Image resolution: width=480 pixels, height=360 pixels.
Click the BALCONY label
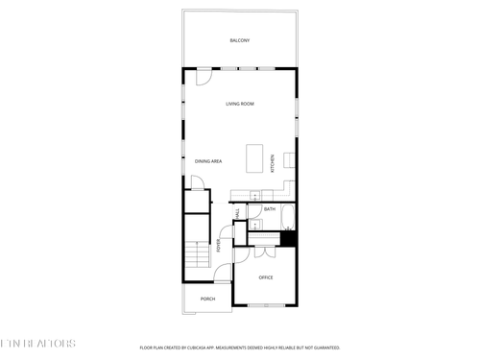click(x=240, y=40)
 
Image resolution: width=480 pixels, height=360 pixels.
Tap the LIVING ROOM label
click(x=240, y=104)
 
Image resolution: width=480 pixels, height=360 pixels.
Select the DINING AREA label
click(x=209, y=161)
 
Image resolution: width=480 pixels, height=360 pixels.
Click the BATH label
click(x=270, y=209)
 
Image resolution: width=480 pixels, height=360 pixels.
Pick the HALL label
click(x=237, y=212)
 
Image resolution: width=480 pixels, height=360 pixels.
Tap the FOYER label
click(x=219, y=246)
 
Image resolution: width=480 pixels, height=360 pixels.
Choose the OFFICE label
click(x=266, y=277)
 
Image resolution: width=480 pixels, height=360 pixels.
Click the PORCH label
click(x=207, y=299)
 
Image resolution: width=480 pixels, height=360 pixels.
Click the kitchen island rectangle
click(x=254, y=156)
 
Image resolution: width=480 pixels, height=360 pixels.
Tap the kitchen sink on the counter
click(x=256, y=196)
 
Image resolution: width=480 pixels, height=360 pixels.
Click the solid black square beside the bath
click(x=287, y=239)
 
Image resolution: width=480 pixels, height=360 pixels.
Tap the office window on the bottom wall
click(x=266, y=305)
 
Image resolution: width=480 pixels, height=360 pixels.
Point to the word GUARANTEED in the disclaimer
click(x=324, y=347)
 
